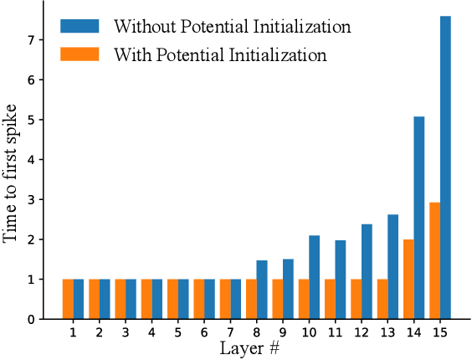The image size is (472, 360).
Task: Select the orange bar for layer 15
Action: pyautogui.click(x=434, y=260)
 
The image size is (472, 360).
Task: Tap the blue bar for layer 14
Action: pyautogui.click(x=419, y=218)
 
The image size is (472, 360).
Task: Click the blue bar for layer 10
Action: pyautogui.click(x=314, y=277)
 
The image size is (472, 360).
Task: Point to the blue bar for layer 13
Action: pyautogui.click(x=392, y=267)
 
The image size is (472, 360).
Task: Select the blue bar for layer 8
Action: pyautogui.click(x=261, y=290)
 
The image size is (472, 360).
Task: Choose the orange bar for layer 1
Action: pyautogui.click(x=68, y=299)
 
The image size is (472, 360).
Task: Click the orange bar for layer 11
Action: pyautogui.click(x=330, y=299)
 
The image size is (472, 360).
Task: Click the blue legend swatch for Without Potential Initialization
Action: pyautogui.click(x=80, y=26)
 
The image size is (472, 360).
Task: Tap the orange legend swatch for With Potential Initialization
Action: pyautogui.click(x=80, y=55)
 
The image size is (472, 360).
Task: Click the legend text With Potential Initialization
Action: pyautogui.click(x=219, y=56)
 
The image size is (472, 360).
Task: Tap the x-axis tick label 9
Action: pyautogui.click(x=283, y=332)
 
